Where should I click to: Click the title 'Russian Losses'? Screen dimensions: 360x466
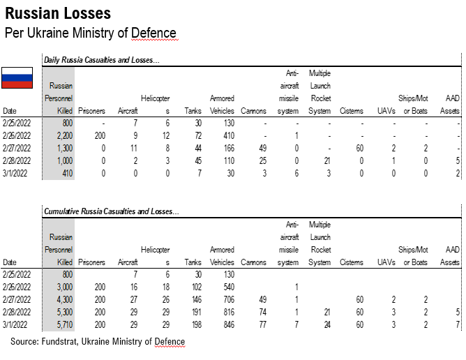pyautogui.click(x=58, y=13)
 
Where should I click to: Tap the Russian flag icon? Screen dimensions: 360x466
pyautogui.click(x=17, y=78)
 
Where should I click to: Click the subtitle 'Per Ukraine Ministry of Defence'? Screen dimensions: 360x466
pyautogui.click(x=91, y=33)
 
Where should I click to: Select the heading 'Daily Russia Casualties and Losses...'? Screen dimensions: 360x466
pyautogui.click(x=102, y=60)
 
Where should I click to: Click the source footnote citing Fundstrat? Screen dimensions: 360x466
pyautogui.click(x=98, y=341)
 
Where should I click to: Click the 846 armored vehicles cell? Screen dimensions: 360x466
pyautogui.click(x=225, y=324)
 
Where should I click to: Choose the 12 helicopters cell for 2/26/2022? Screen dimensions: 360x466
pyautogui.click(x=165, y=135)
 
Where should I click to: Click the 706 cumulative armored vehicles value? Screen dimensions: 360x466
pyautogui.click(x=225, y=299)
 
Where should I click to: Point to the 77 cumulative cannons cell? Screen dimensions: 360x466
pyautogui.click(x=258, y=324)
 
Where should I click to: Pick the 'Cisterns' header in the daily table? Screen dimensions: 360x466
pyautogui.click(x=351, y=111)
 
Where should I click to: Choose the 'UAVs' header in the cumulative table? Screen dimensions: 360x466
pyautogui.click(x=386, y=262)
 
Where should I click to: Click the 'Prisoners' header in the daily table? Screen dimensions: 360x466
pyautogui.click(x=91, y=111)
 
